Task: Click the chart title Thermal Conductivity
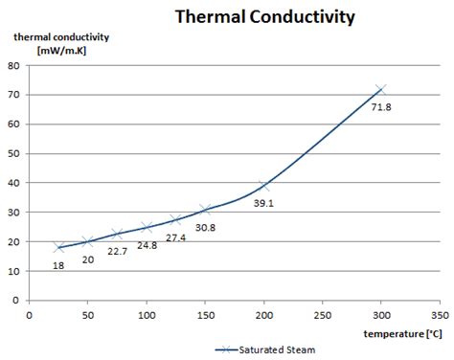click(263, 16)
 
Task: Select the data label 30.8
click(204, 227)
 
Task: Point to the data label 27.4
click(175, 236)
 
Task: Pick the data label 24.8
click(147, 245)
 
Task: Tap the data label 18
click(57, 265)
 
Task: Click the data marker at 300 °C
click(381, 89)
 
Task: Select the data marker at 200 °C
click(264, 186)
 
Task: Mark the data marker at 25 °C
click(58, 247)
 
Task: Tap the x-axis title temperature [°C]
click(401, 333)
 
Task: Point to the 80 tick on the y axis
click(14, 66)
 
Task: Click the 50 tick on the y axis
click(14, 154)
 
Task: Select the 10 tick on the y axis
click(14, 271)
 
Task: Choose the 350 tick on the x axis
click(440, 313)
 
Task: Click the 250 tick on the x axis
click(323, 313)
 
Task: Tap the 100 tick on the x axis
click(147, 313)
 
